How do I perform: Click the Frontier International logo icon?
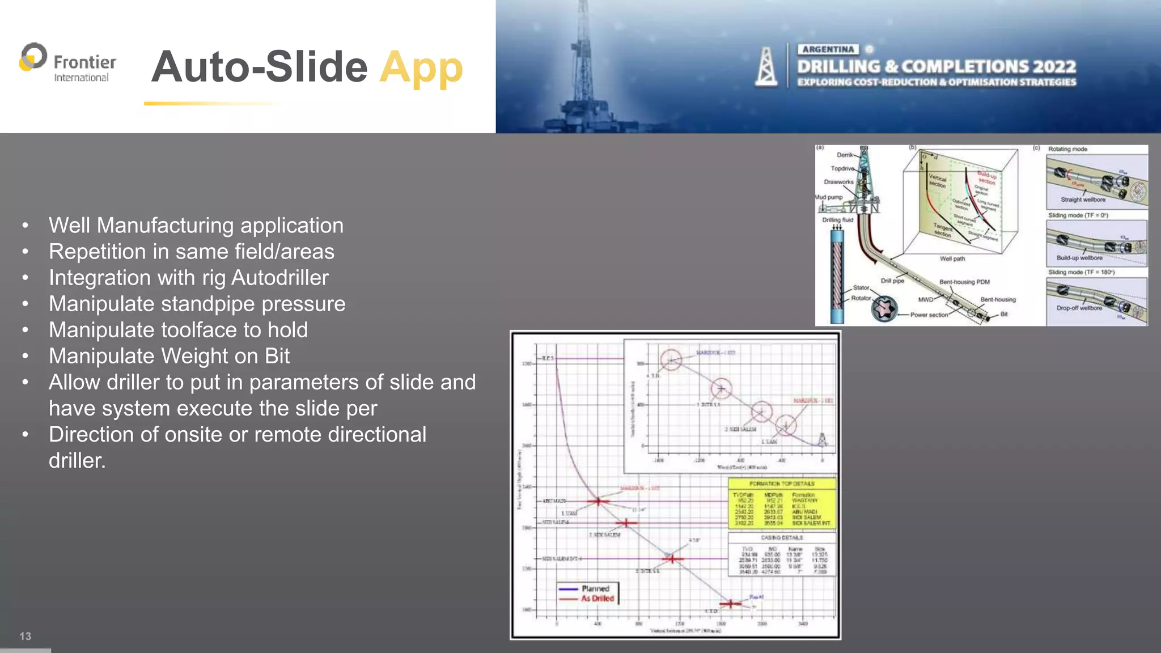coord(33,57)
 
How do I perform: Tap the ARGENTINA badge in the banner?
coord(828,49)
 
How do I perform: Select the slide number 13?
coord(26,636)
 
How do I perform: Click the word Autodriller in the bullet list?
coord(279,278)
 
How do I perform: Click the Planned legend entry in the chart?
coord(595,588)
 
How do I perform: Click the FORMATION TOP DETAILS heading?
coord(782,484)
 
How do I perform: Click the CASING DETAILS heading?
coord(782,537)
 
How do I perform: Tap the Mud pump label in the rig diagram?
coord(829,197)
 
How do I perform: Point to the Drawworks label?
coord(838,182)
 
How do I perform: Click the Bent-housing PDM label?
coord(964,282)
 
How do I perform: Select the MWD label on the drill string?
coord(925,299)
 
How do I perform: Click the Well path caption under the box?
coord(952,258)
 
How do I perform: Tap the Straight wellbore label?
coord(1083,200)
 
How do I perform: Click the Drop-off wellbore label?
coord(1079,308)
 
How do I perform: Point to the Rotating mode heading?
coord(1067,149)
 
